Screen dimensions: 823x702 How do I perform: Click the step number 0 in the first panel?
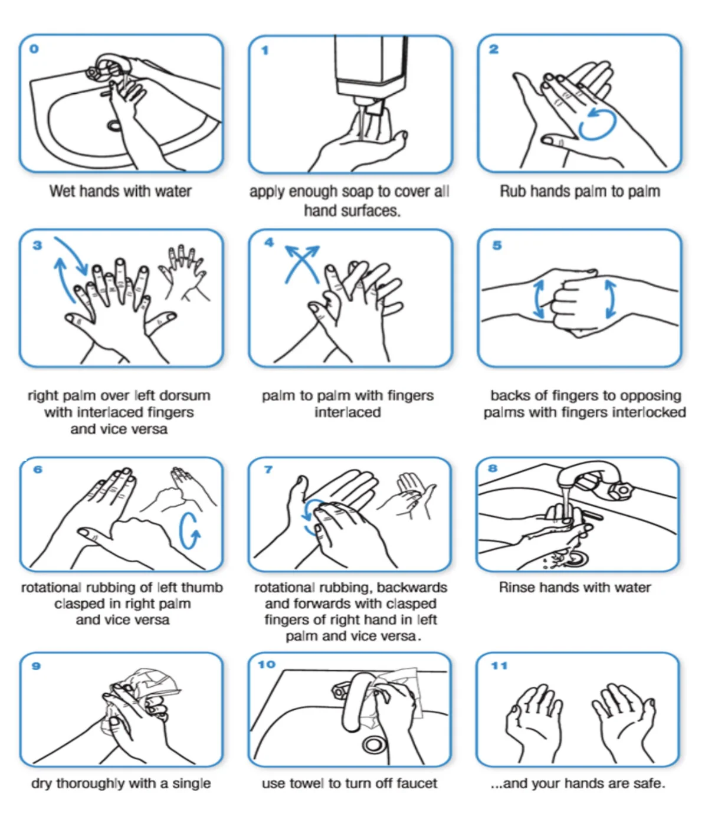34,49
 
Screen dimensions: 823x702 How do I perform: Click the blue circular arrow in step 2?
597,124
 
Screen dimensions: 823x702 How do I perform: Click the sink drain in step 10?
373,745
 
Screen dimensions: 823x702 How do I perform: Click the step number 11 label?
499,665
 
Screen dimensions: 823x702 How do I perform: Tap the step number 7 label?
268,470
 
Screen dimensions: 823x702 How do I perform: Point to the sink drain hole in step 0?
114,125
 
